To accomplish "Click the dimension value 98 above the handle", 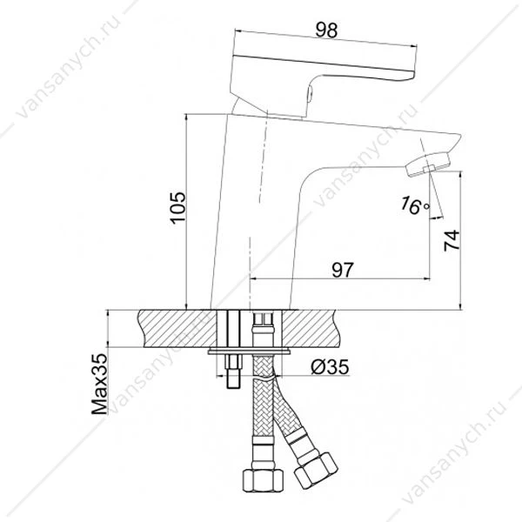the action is [326, 30].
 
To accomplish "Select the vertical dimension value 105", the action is [177, 208].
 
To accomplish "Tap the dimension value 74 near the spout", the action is [452, 240].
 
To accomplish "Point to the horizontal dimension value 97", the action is [342, 270].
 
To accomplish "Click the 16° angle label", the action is [415, 205].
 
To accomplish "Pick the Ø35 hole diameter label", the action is [330, 367].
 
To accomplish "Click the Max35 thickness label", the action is [100, 384].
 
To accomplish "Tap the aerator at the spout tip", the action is [427, 164].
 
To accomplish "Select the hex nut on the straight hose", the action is [263, 479].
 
